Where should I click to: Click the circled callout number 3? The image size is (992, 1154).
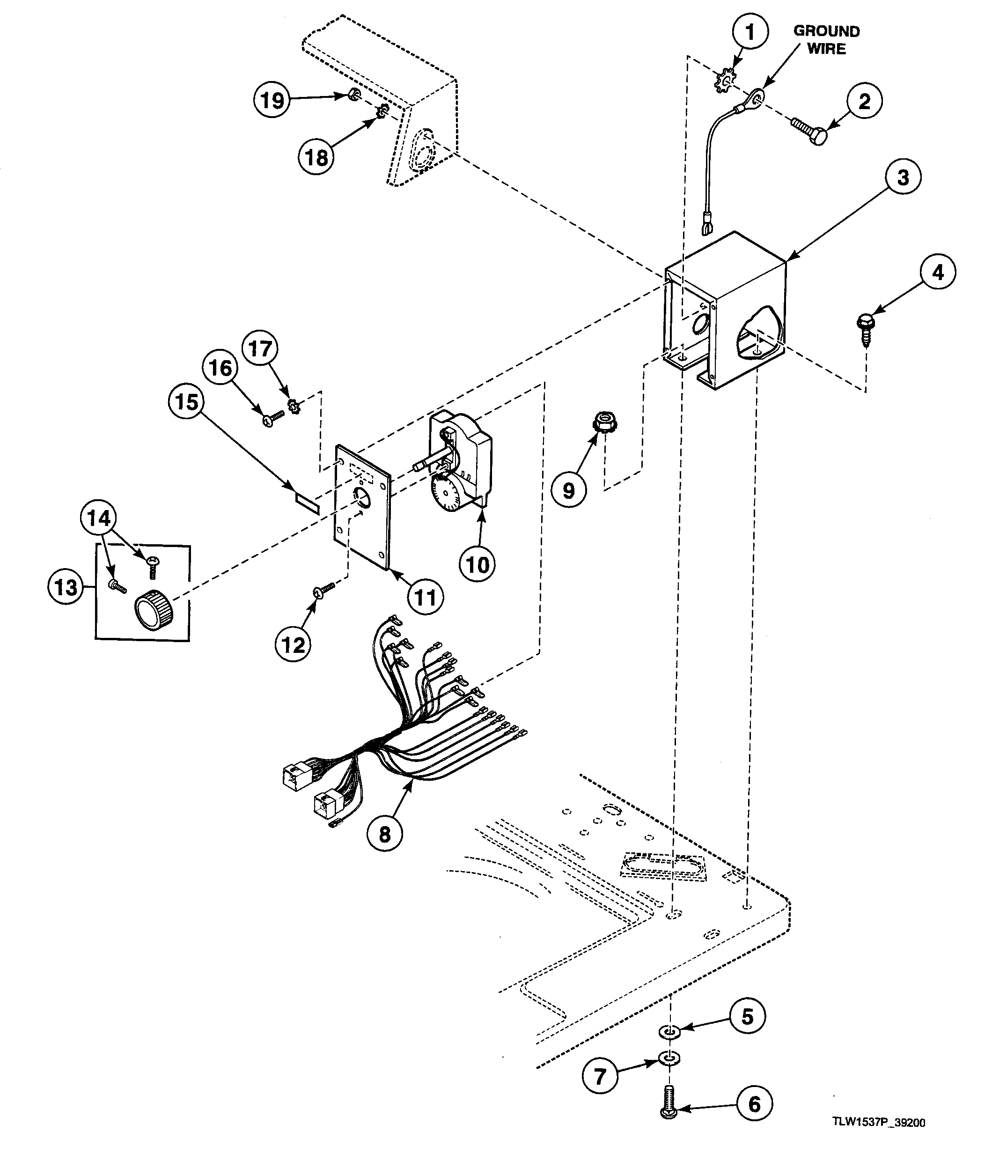(903, 177)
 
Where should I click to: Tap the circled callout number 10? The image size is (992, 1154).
(477, 565)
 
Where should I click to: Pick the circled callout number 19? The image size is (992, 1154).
(272, 100)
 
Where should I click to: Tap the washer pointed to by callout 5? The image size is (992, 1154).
(670, 1030)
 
